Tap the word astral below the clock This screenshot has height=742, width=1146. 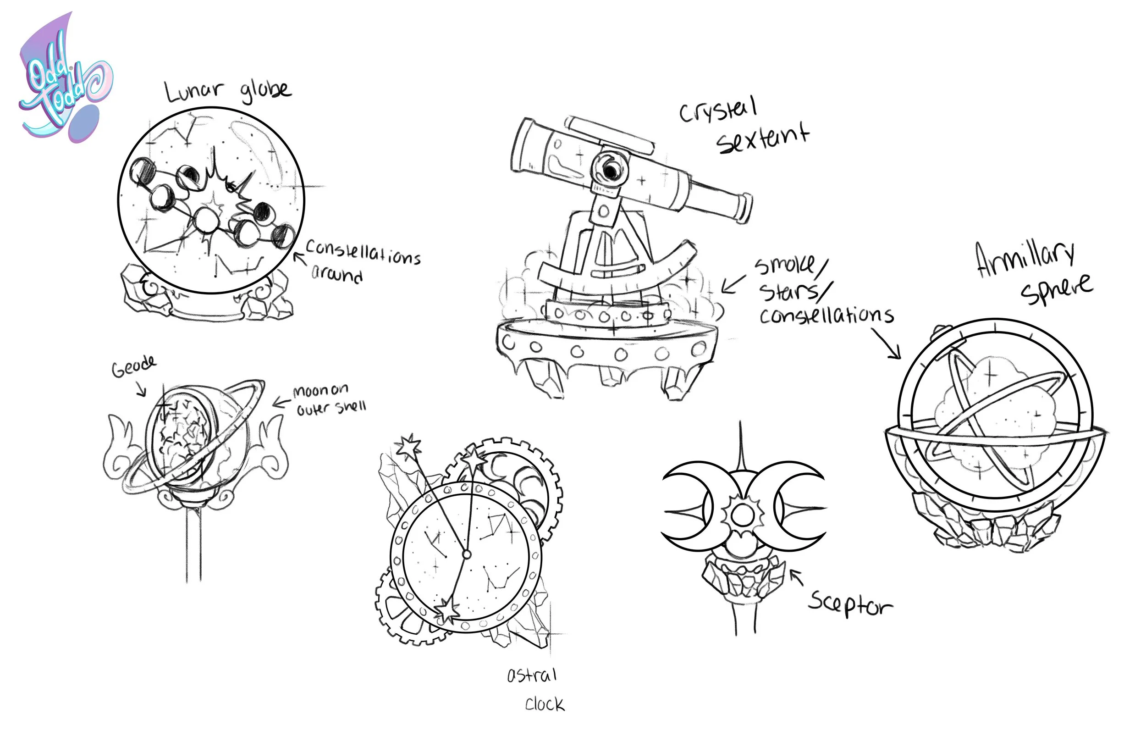click(532, 676)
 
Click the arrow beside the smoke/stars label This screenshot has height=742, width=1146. click(733, 284)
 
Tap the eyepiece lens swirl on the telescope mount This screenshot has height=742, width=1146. click(611, 169)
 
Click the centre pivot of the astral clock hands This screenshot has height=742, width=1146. click(466, 554)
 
